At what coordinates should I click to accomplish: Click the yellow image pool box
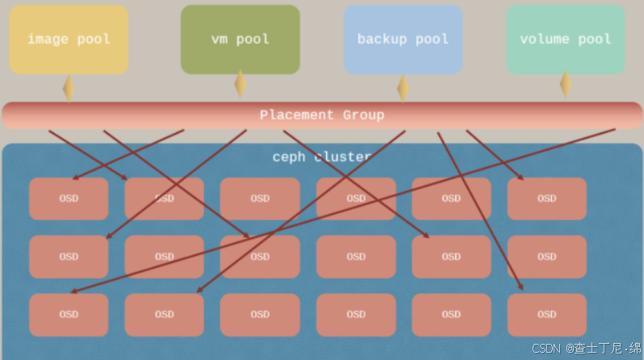(69, 40)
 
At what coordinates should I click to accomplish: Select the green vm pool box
(240, 40)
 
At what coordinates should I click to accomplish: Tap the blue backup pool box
(403, 40)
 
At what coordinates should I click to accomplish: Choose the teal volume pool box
(565, 40)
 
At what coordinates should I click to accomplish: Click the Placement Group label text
(321, 115)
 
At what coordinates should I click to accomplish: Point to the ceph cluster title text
(321, 157)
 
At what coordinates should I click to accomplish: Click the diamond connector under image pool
(69, 88)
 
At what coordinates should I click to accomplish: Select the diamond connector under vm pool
(240, 84)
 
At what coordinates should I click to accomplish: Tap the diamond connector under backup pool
(403, 88)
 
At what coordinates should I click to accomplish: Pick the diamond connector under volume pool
(566, 84)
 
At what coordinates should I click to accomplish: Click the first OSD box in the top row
(69, 199)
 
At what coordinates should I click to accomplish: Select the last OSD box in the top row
(546, 199)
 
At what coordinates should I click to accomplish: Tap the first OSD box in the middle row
(69, 257)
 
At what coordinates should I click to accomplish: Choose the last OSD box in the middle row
(546, 257)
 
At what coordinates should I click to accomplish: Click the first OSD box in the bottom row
(69, 315)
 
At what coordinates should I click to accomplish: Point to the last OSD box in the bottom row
(546, 315)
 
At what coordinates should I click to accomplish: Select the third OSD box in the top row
(260, 199)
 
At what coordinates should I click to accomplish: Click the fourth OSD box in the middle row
(355, 257)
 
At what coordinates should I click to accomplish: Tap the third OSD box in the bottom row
(260, 315)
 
